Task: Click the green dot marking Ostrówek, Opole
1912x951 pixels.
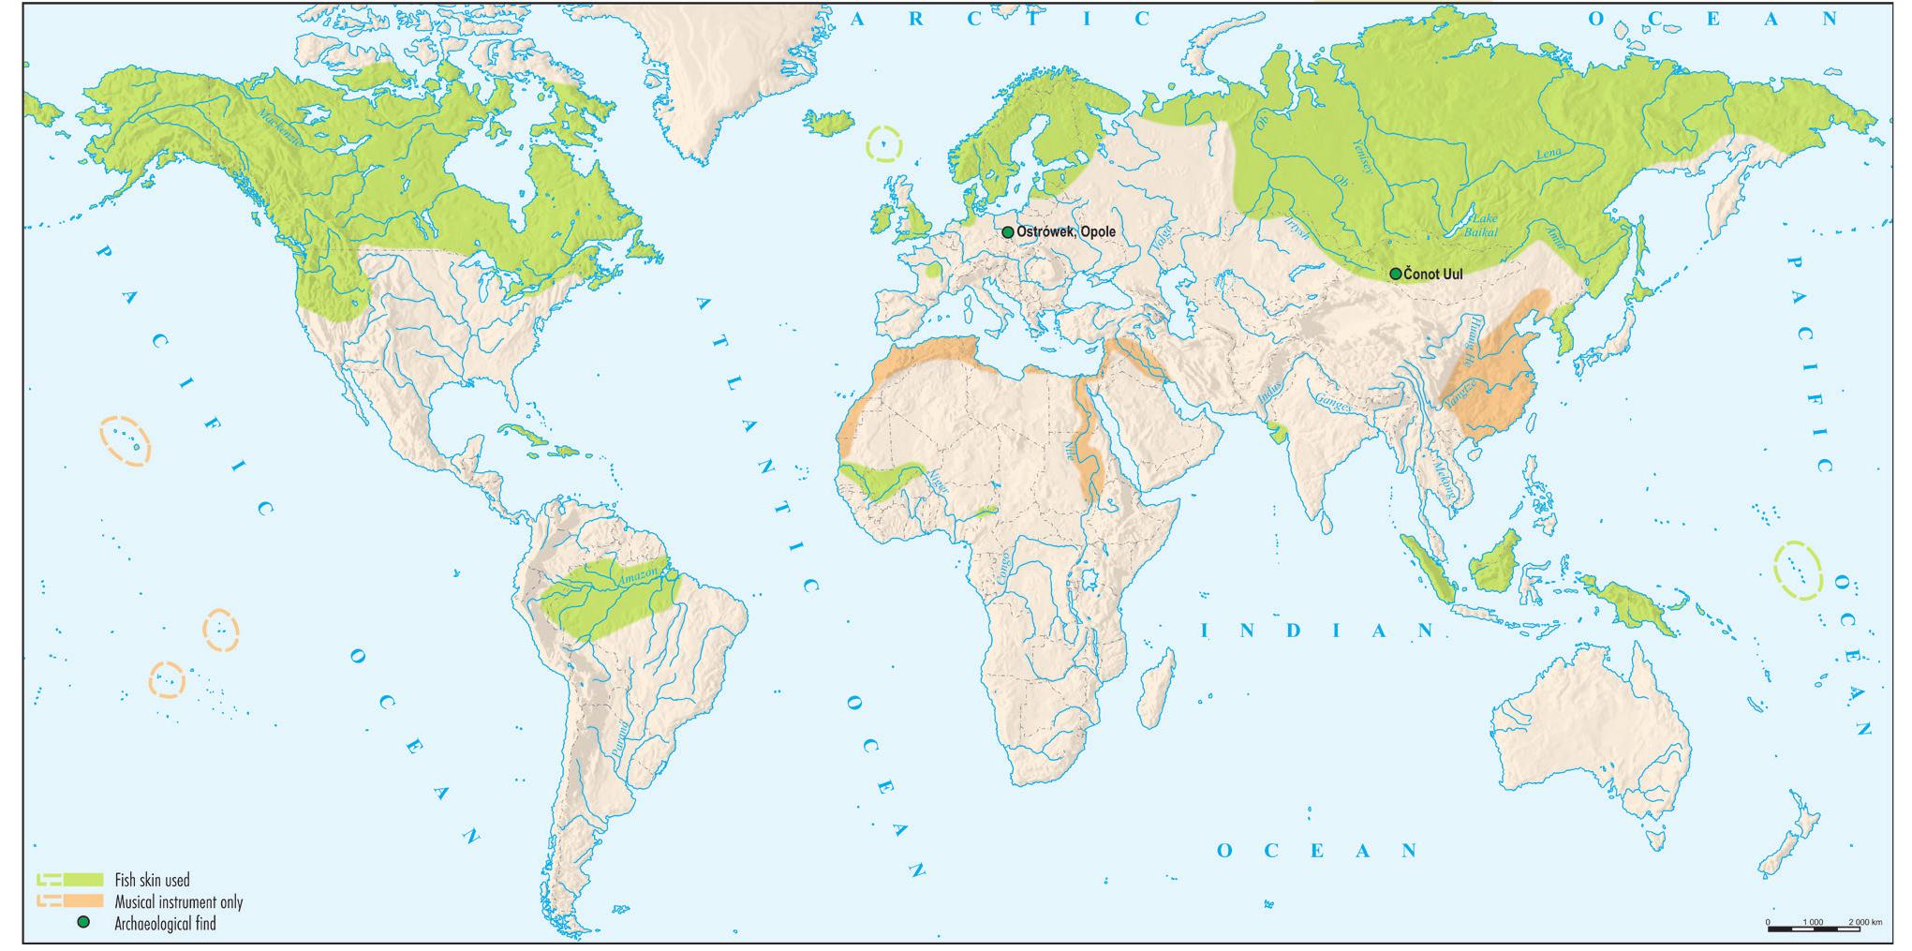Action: (x=1008, y=232)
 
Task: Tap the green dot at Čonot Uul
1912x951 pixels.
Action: (x=1395, y=274)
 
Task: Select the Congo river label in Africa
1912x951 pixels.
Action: (x=1002, y=570)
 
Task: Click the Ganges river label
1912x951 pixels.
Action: (x=1334, y=401)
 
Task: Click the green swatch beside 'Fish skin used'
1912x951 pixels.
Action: (x=82, y=880)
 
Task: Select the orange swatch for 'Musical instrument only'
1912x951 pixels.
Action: (x=82, y=901)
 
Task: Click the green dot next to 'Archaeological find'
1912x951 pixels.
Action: (x=82, y=923)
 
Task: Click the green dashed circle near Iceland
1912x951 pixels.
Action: (x=883, y=145)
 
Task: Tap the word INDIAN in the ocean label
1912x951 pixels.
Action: (x=1317, y=632)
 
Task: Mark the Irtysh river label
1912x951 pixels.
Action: (x=1296, y=228)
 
